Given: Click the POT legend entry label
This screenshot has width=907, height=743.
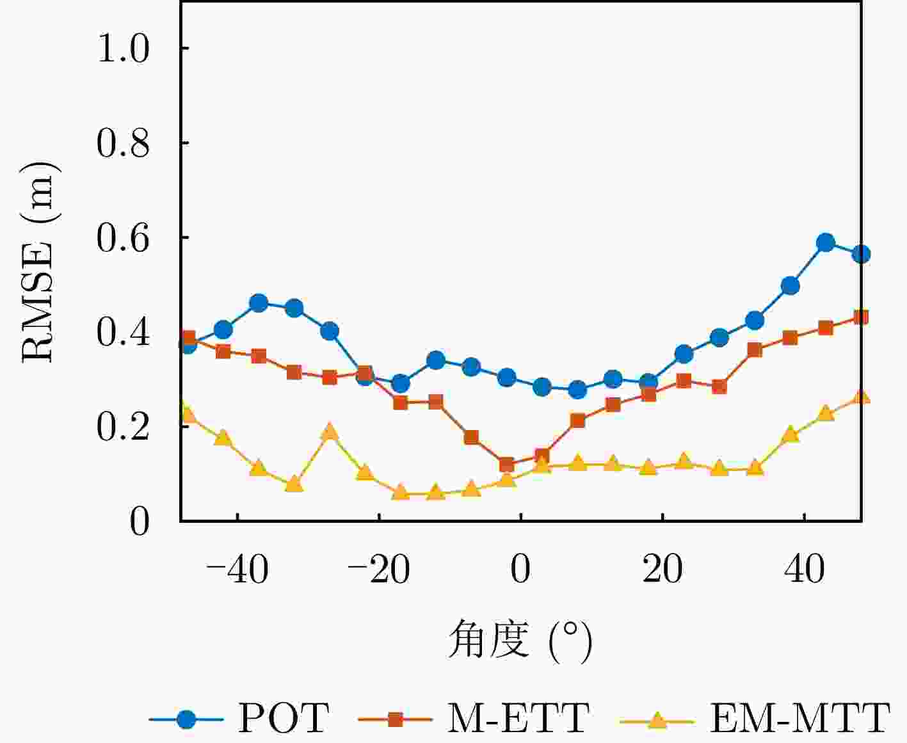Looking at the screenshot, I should point(284,718).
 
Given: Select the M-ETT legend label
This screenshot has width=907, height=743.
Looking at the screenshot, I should point(518,718).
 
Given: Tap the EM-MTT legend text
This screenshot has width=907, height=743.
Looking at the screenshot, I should point(800,718).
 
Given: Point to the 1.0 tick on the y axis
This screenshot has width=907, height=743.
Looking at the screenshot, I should point(123,49).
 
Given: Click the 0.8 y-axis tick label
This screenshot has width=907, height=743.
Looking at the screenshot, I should point(123,143).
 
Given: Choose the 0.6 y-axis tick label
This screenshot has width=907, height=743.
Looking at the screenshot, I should point(123,237).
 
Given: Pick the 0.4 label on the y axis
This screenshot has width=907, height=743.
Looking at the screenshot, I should point(123,332).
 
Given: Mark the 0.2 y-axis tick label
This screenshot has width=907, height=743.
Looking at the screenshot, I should point(123,427).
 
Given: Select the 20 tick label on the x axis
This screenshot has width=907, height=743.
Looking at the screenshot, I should point(662,568).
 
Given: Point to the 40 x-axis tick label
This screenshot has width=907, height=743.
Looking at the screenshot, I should point(805,568).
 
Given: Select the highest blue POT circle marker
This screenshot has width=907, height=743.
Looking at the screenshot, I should point(826,243).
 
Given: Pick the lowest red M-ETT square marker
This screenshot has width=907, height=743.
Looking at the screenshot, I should point(506,465).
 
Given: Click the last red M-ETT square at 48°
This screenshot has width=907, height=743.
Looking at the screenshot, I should point(861,317).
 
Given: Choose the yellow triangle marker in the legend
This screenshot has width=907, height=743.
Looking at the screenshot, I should point(657,719).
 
